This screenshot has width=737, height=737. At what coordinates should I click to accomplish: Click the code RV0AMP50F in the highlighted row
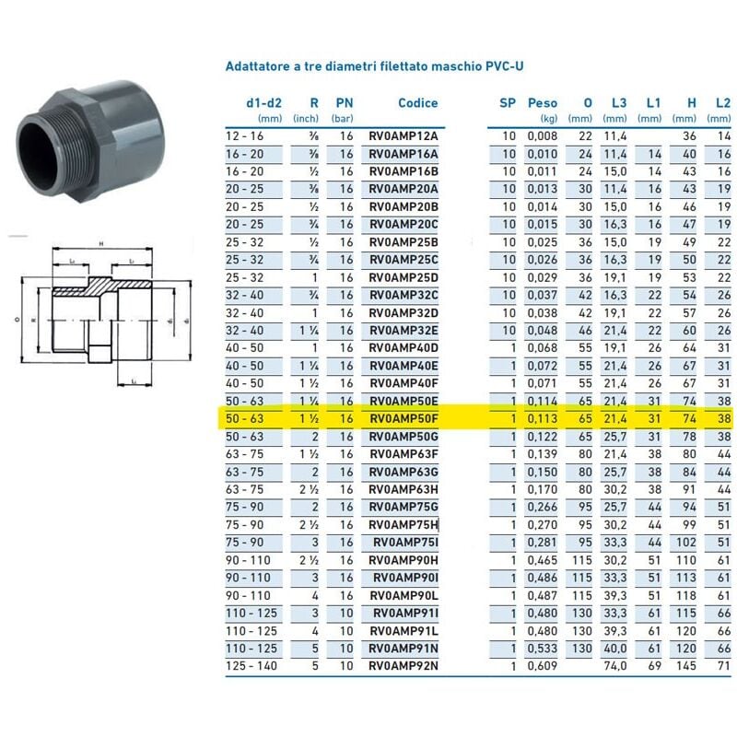[x=404, y=418]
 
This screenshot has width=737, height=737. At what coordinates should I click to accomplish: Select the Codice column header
[x=417, y=103]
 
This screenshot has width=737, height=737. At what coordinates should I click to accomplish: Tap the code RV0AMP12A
[x=404, y=136]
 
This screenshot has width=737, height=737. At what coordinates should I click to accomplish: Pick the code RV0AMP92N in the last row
[x=404, y=664]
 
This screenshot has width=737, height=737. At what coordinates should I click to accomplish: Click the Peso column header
[x=543, y=103]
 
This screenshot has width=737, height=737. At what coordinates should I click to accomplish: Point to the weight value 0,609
[x=543, y=664]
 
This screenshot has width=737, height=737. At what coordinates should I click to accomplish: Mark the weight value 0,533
[x=543, y=647]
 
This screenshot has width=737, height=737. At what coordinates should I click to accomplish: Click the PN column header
[x=344, y=103]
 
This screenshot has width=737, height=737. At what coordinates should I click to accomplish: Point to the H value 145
[x=684, y=664]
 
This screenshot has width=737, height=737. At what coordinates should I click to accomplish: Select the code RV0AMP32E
[x=404, y=330]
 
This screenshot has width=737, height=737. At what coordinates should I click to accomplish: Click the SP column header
[x=507, y=103]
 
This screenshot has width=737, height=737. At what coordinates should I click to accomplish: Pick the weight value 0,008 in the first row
[x=543, y=136]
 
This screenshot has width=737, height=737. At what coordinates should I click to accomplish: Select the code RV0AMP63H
[x=404, y=489]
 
